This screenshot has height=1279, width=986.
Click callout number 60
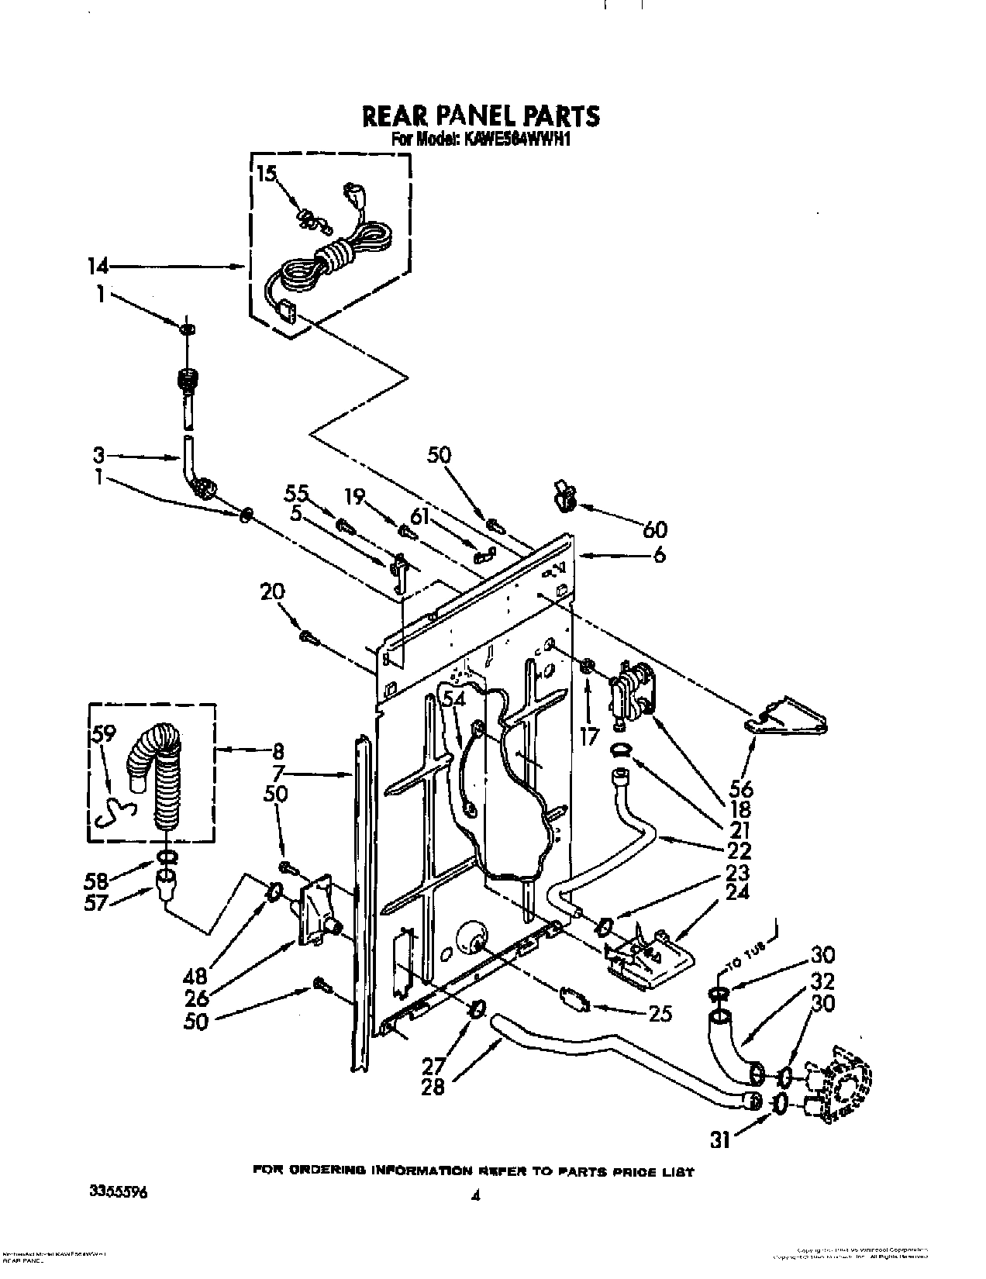tap(655, 529)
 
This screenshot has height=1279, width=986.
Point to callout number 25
tap(661, 1014)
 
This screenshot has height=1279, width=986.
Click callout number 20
tap(273, 593)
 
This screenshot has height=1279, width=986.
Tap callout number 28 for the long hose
tap(433, 1088)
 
